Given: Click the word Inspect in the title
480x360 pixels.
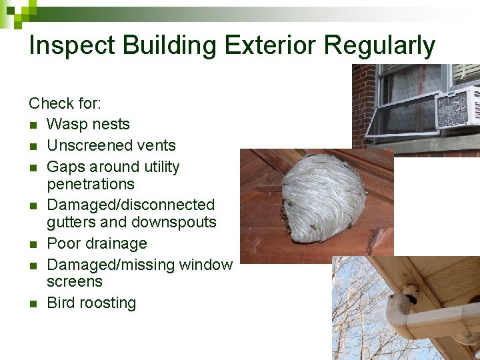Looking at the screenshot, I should click(69, 45).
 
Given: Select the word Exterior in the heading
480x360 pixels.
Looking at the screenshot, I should click(271, 45).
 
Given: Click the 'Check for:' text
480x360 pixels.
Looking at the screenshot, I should click(64, 103).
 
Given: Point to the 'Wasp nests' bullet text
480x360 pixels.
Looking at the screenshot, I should click(88, 124).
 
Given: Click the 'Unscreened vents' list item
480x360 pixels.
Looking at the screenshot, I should click(111, 145).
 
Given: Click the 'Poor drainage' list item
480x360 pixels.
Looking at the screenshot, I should click(97, 243).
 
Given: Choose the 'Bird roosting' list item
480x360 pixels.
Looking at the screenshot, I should click(91, 303).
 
